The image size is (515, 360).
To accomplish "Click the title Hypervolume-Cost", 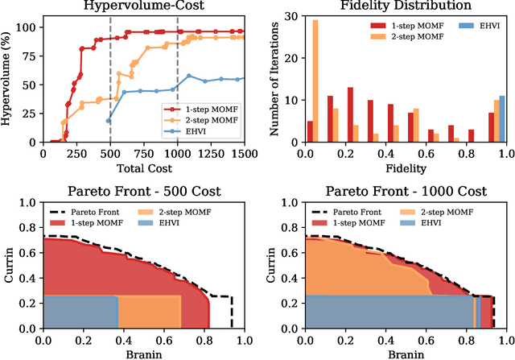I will click(143, 6).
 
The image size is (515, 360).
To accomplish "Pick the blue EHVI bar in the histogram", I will click(502, 118).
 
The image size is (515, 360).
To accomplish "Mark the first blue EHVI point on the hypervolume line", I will click(109, 121).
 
